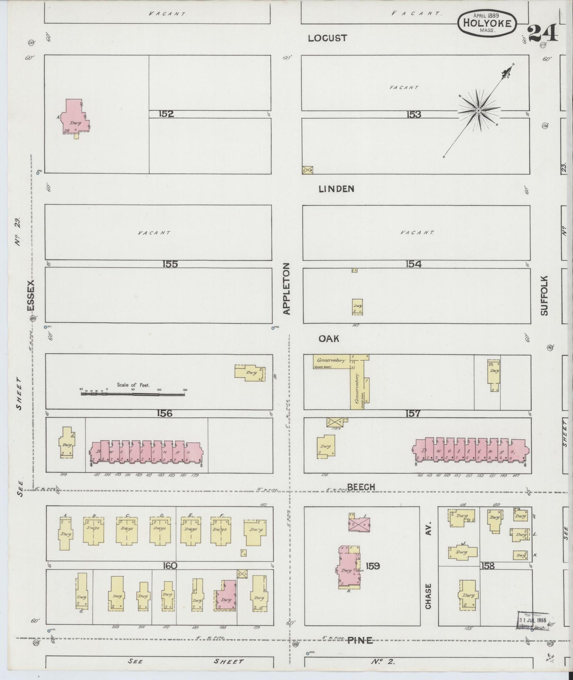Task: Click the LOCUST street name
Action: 327,38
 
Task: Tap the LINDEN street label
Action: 336,189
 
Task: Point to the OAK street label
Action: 329,338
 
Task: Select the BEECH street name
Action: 360,487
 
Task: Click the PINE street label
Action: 360,640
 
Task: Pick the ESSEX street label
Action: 31,296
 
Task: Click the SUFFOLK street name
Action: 544,296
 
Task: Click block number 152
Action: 166,114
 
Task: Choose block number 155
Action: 170,264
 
